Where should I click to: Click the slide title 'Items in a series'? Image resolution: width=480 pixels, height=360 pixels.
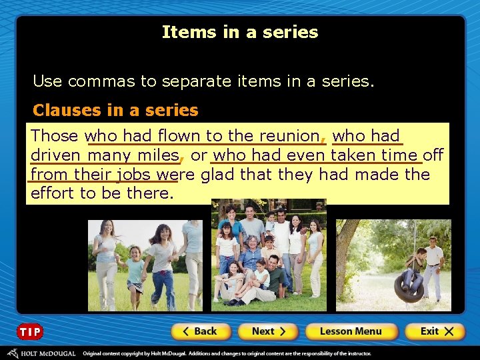pyautogui.click(x=240, y=32)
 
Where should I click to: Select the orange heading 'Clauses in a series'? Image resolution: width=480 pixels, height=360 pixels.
pyautogui.click(x=115, y=110)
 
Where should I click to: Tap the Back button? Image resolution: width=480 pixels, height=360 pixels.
pyautogui.click(x=200, y=331)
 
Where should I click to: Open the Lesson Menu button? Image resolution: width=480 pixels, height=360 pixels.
pyautogui.click(x=351, y=331)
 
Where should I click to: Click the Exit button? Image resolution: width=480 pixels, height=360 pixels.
pyautogui.click(x=434, y=331)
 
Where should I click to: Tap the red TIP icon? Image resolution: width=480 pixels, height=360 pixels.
pyautogui.click(x=30, y=331)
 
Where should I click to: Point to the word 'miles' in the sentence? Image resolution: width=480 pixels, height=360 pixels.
pyautogui.click(x=158, y=156)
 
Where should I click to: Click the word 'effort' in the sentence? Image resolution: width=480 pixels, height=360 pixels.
pyautogui.click(x=53, y=193)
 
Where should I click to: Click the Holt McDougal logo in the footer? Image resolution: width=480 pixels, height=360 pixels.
pyautogui.click(x=41, y=353)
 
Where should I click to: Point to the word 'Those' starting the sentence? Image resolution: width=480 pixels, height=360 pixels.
pyautogui.click(x=55, y=136)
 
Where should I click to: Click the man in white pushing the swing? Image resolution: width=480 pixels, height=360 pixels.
pyautogui.click(x=434, y=267)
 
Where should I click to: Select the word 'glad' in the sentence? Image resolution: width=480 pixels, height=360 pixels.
pyautogui.click(x=218, y=175)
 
